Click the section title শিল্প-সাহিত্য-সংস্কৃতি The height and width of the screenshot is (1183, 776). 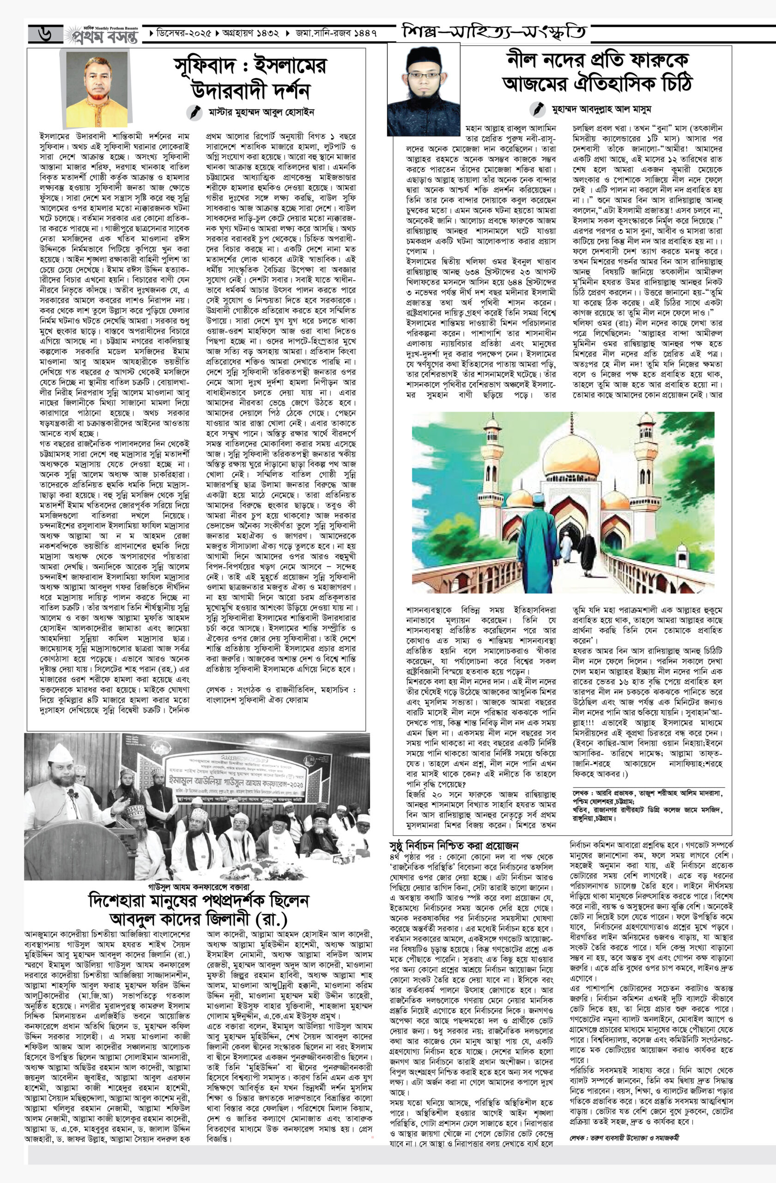pos(494,34)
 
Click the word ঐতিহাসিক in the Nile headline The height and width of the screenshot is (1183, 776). pos(599,83)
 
